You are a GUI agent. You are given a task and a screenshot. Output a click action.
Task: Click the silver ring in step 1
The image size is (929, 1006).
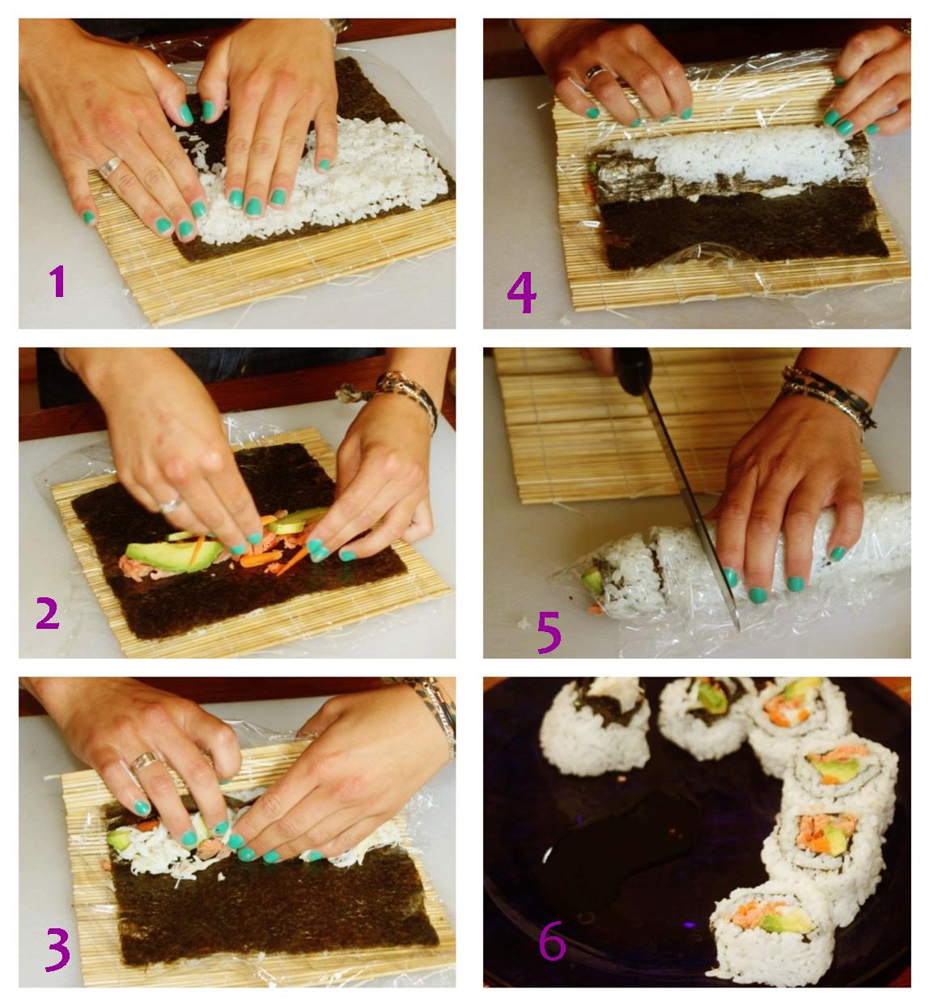110,167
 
